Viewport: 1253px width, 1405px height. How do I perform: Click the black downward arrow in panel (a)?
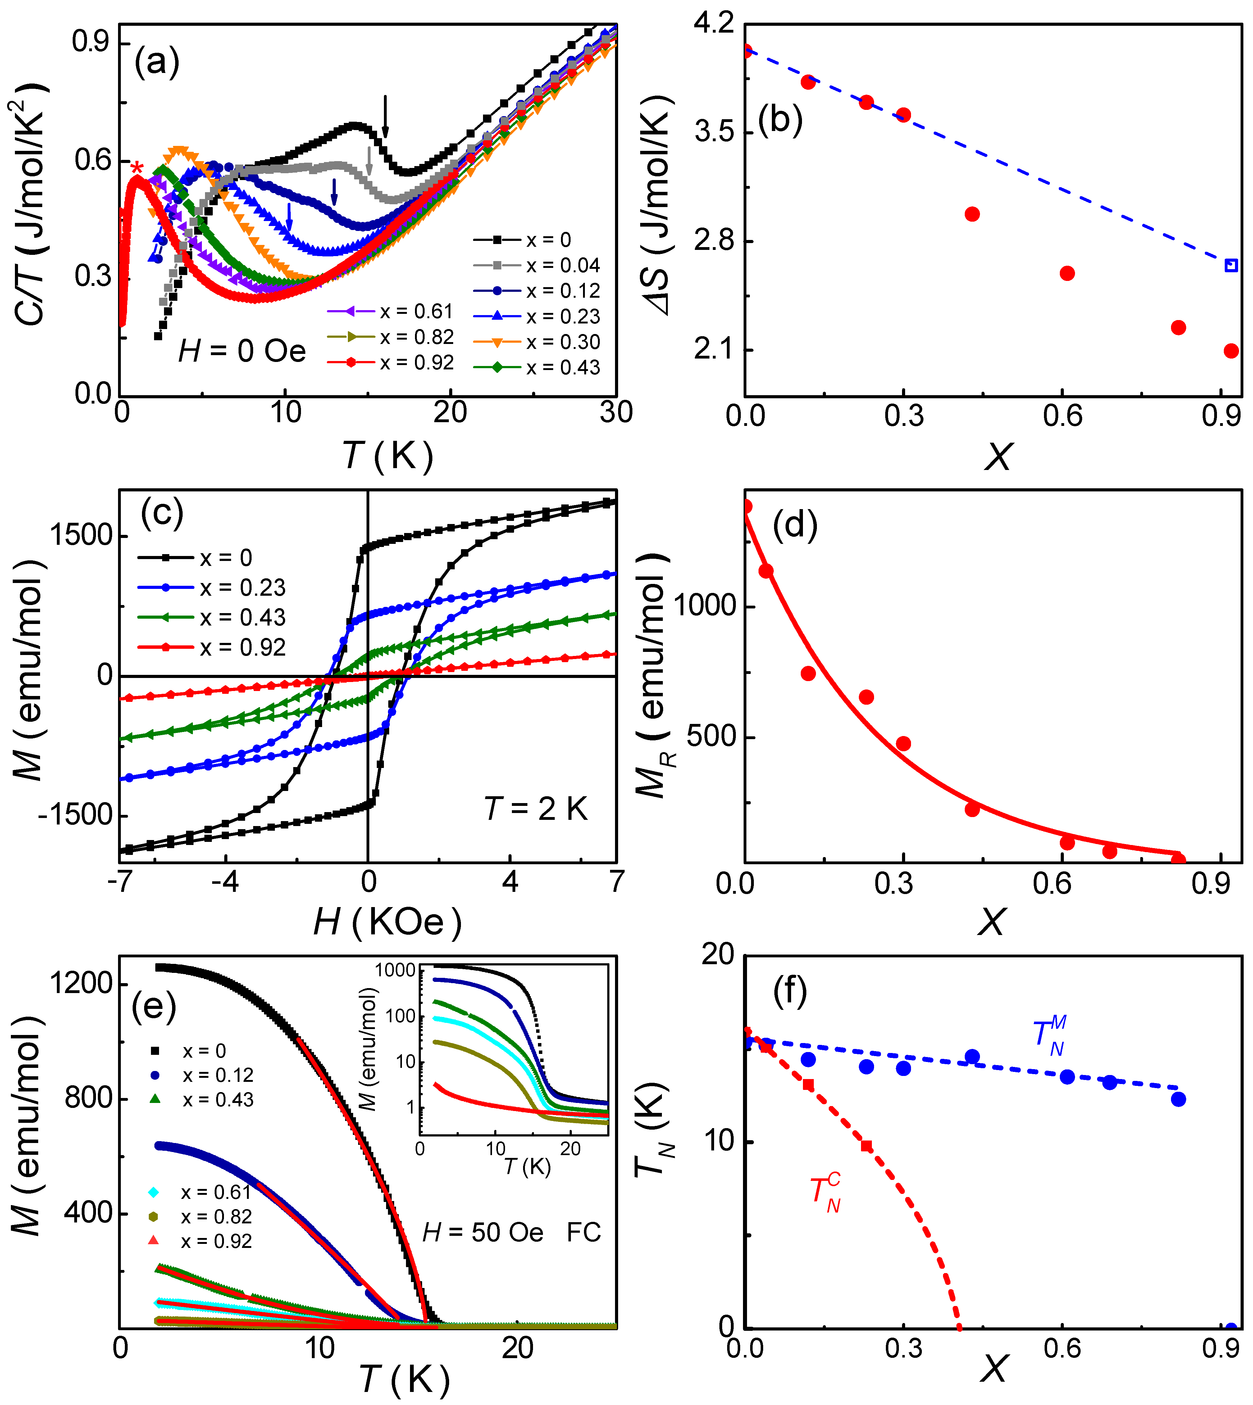click(385, 117)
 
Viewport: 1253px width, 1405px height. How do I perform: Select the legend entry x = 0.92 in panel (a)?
click(390, 363)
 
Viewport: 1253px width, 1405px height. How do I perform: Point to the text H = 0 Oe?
click(242, 352)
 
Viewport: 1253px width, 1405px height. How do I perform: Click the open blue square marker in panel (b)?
click(1231, 266)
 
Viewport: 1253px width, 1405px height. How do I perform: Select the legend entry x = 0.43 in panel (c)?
click(212, 617)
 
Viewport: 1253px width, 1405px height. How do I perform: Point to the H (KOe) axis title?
click(387, 922)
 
